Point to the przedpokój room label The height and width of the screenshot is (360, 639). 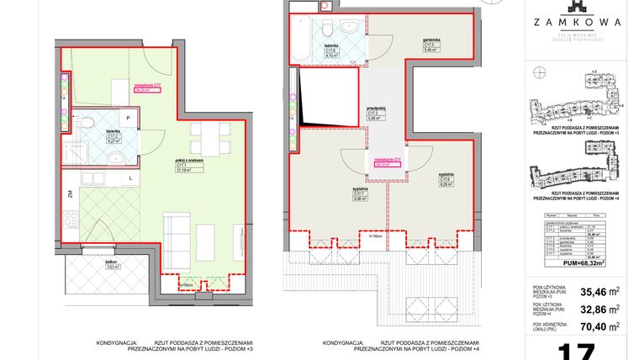tap(376, 112)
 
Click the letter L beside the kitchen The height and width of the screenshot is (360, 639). tap(130, 178)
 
